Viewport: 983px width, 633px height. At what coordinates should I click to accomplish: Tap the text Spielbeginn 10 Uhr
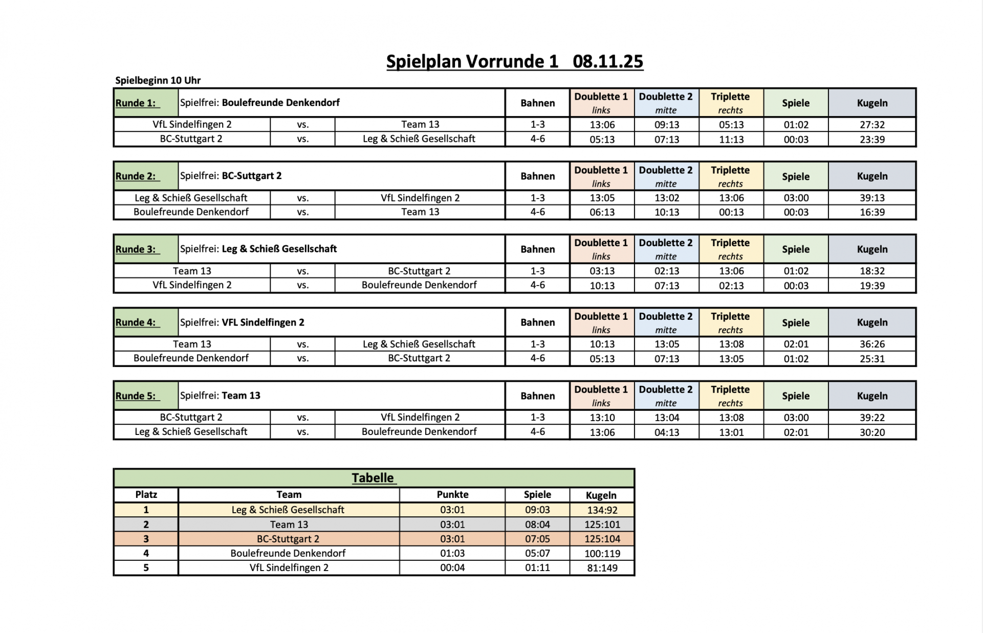click(158, 80)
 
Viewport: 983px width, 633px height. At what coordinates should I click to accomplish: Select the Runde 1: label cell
click(145, 103)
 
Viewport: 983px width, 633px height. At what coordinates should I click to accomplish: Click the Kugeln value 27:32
click(872, 125)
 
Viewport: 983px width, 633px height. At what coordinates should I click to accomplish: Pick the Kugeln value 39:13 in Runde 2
click(872, 198)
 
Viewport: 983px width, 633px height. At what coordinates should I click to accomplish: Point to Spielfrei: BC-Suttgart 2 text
click(231, 176)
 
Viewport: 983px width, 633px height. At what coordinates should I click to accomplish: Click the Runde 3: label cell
click(145, 249)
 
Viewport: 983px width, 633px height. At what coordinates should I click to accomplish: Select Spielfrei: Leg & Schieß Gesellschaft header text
click(258, 249)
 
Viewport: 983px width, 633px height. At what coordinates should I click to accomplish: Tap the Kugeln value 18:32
click(872, 271)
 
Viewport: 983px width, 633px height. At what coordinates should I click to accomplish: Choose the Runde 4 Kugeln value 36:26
click(872, 344)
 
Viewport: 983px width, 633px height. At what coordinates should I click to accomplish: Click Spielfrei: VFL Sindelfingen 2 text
click(242, 322)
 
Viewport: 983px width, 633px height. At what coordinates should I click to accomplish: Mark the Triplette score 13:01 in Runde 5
click(731, 432)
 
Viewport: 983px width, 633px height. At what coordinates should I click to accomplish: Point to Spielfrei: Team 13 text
click(220, 396)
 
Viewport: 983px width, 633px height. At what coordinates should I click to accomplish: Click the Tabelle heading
click(373, 478)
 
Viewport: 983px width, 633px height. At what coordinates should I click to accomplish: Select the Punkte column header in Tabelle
click(452, 495)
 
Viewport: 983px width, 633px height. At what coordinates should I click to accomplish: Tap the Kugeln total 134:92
click(602, 510)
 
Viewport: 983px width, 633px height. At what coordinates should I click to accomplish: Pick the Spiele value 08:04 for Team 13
click(537, 525)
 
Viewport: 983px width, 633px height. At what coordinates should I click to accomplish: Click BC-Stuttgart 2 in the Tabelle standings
click(288, 539)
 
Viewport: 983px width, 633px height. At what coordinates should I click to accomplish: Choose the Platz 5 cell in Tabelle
click(146, 567)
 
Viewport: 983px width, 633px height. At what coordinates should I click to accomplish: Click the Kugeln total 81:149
click(602, 568)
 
